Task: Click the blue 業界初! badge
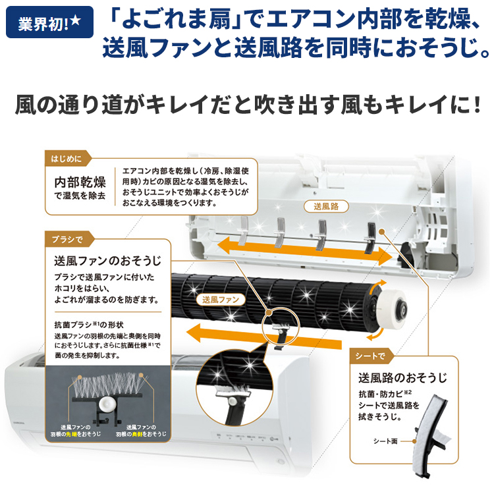[49, 24]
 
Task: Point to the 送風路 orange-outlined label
[326, 206]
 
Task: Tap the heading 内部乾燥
[79, 182]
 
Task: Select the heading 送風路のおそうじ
[402, 378]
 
